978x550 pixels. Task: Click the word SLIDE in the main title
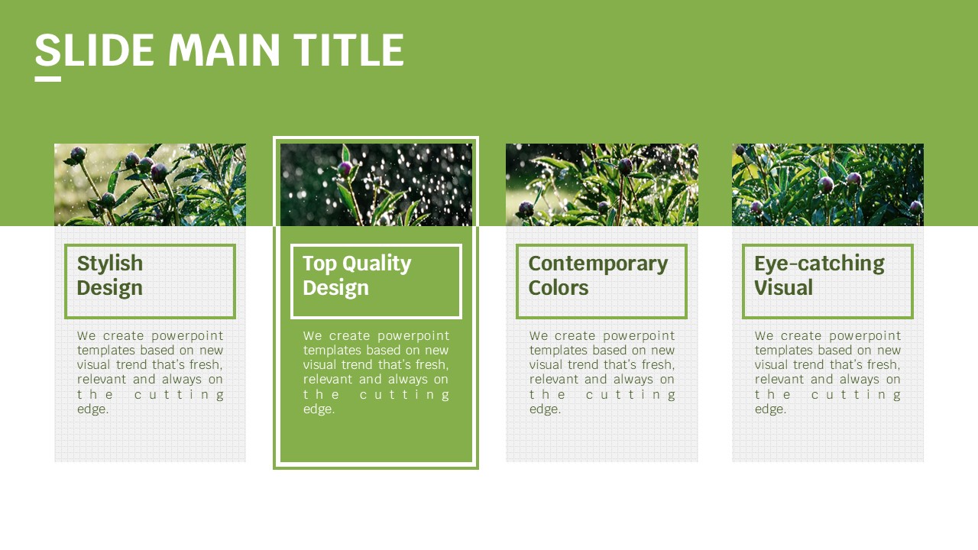[94, 50]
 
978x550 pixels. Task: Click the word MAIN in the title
[224, 50]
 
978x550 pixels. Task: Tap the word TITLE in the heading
[348, 50]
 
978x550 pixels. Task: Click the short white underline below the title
[48, 79]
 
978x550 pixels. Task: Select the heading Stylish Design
[110, 276]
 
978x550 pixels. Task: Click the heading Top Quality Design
[357, 276]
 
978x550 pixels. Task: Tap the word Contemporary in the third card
[598, 264]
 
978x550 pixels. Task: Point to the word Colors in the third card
[559, 288]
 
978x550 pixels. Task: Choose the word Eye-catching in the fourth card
[820, 264]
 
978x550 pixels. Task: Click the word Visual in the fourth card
[784, 288]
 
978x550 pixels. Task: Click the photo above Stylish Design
[151, 185]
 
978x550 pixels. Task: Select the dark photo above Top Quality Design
[376, 185]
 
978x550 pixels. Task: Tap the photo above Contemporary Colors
[602, 185]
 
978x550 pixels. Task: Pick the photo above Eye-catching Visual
[827, 185]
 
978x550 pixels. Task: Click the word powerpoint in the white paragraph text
[413, 336]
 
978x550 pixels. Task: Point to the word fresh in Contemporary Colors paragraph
[658, 364]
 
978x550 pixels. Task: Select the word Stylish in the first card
[110, 264]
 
